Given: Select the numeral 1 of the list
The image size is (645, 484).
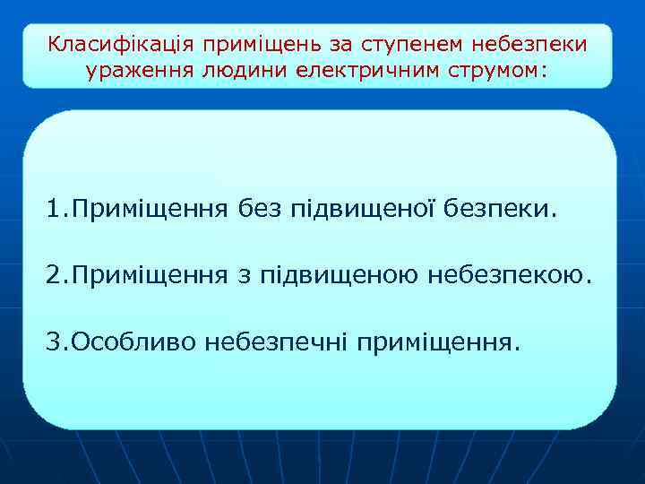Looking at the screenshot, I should pos(54,210).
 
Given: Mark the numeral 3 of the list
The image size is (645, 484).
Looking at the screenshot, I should pos(55,341).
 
